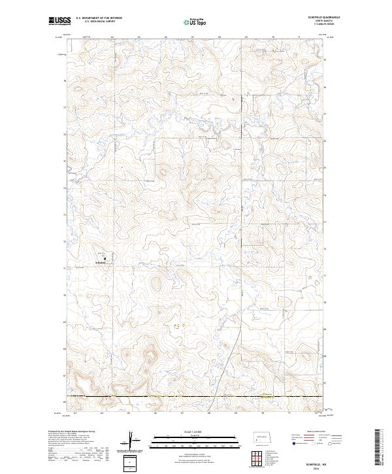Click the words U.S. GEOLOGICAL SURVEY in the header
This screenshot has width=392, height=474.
(x=96, y=22)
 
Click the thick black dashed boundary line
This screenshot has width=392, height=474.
(x=196, y=397)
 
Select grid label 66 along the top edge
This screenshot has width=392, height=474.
(x=166, y=38)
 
